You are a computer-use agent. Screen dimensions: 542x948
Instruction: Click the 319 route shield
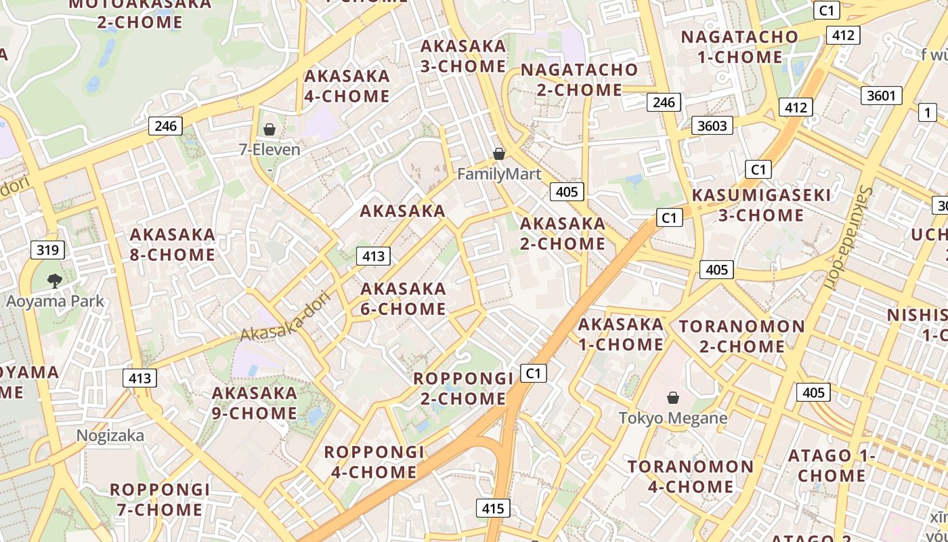click(x=47, y=250)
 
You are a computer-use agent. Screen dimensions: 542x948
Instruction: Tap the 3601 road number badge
click(x=881, y=96)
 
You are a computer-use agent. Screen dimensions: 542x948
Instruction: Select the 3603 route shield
click(x=712, y=125)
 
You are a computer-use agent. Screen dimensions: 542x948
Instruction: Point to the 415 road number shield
click(x=493, y=508)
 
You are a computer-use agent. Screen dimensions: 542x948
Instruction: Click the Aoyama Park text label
click(x=55, y=301)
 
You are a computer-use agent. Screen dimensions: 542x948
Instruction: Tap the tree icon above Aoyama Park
click(x=54, y=280)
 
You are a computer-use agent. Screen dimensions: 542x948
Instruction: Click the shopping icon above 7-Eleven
click(x=270, y=129)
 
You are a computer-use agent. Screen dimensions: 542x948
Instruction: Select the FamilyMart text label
click(x=499, y=174)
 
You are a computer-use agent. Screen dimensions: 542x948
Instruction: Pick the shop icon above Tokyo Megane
click(x=673, y=398)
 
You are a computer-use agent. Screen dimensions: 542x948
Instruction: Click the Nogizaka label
click(x=110, y=436)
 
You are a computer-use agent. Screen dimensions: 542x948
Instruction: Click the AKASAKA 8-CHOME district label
click(x=173, y=245)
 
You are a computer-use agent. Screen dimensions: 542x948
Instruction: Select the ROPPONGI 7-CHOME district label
click(x=160, y=499)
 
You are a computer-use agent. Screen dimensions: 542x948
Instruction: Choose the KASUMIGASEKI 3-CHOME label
click(x=761, y=205)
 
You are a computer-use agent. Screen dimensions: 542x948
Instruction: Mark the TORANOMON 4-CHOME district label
click(x=690, y=476)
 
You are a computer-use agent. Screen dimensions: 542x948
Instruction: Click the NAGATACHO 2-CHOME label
click(x=579, y=79)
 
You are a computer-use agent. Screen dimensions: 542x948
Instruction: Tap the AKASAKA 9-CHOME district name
click(x=255, y=403)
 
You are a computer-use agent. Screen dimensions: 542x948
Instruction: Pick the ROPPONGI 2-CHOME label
click(x=463, y=388)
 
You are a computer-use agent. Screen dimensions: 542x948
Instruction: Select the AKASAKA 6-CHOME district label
click(x=404, y=299)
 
